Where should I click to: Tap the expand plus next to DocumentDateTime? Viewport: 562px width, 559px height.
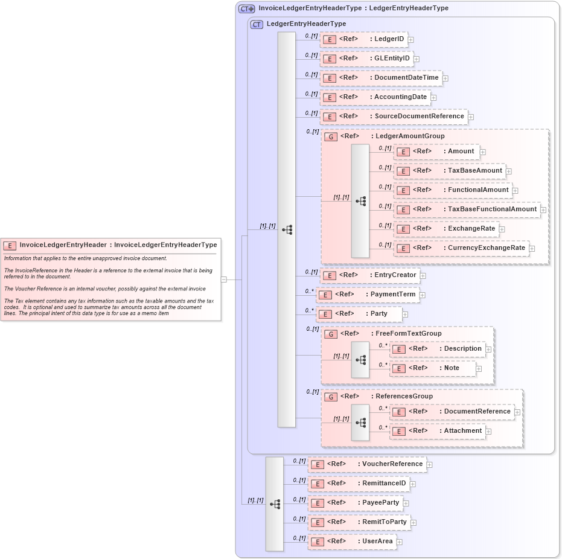[445, 78]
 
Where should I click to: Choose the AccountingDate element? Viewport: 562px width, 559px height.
[375, 97]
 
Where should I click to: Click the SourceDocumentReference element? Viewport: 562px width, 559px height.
[394, 117]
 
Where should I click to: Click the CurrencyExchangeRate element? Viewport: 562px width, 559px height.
[461, 248]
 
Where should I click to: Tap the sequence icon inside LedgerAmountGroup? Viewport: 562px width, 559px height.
[360, 201]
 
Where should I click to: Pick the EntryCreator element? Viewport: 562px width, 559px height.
[369, 275]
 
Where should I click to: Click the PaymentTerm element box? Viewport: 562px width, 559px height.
[368, 295]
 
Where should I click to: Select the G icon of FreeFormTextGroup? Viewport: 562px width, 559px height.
[331, 334]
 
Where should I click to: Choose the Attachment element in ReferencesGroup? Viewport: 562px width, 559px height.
[437, 431]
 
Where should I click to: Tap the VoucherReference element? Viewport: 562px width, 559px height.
[366, 464]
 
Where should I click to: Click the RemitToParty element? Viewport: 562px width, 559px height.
[359, 522]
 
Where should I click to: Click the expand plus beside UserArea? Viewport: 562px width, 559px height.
[399, 542]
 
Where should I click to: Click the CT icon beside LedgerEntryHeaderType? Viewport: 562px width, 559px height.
[257, 24]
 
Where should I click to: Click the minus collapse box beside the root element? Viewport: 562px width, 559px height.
[224, 279]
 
